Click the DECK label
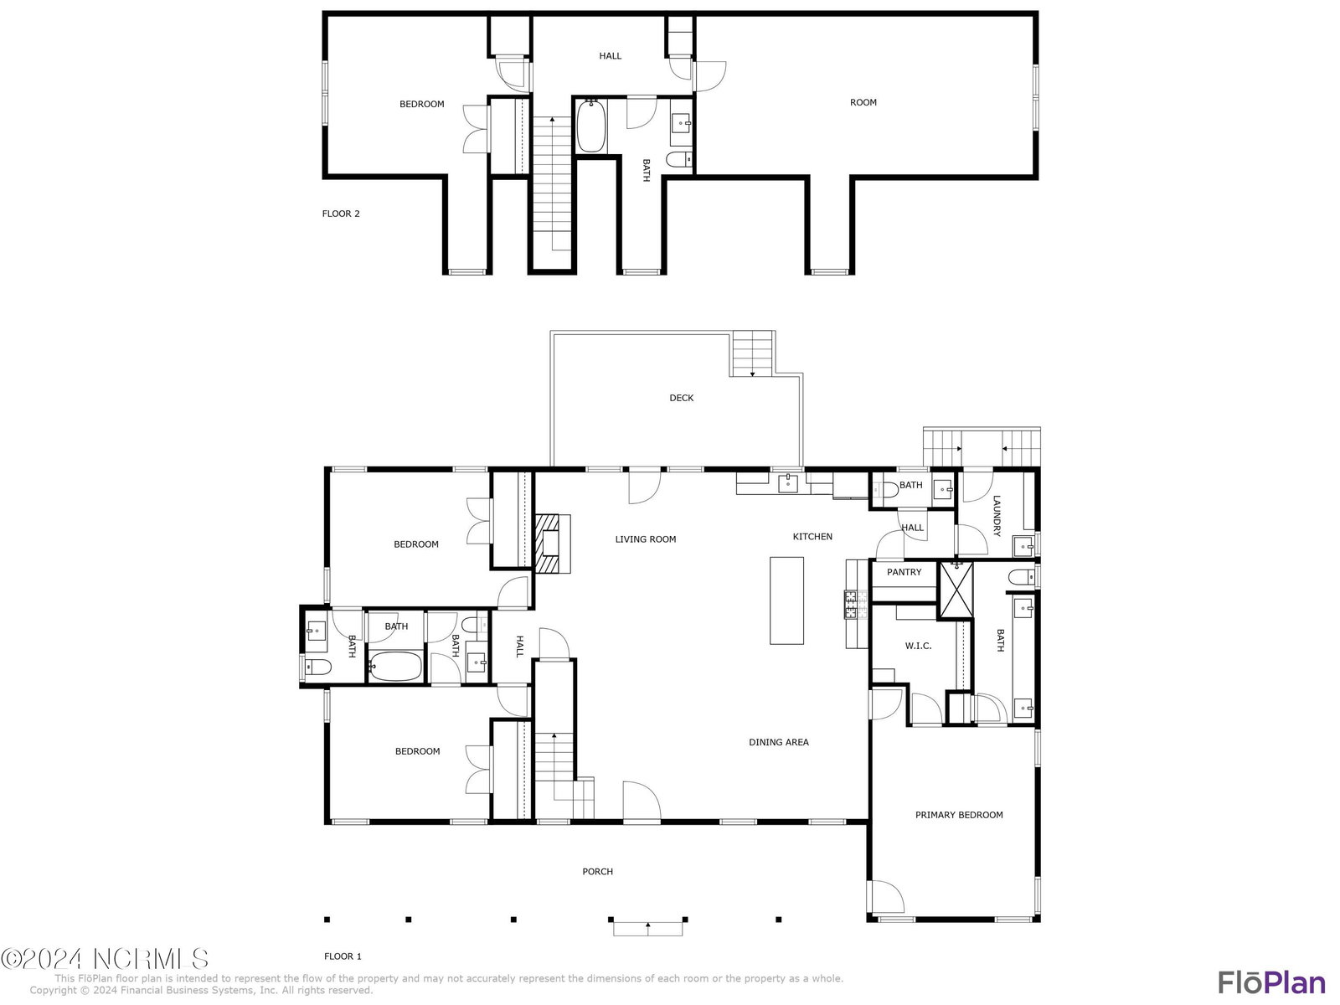[681, 398]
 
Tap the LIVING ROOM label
[645, 539]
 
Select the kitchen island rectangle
[786, 600]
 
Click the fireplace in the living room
[553, 544]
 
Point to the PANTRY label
[904, 572]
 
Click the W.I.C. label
[918, 646]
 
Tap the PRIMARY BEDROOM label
[959, 815]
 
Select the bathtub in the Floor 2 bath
[591, 126]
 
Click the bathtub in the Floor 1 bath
[395, 667]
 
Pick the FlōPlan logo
[1271, 982]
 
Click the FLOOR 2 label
[341, 214]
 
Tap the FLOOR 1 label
[343, 956]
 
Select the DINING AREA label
[778, 742]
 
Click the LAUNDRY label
[997, 516]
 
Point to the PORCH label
[597, 871]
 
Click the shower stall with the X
[956, 590]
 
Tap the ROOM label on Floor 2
[863, 102]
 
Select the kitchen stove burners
[850, 604]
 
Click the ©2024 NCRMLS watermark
[105, 959]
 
